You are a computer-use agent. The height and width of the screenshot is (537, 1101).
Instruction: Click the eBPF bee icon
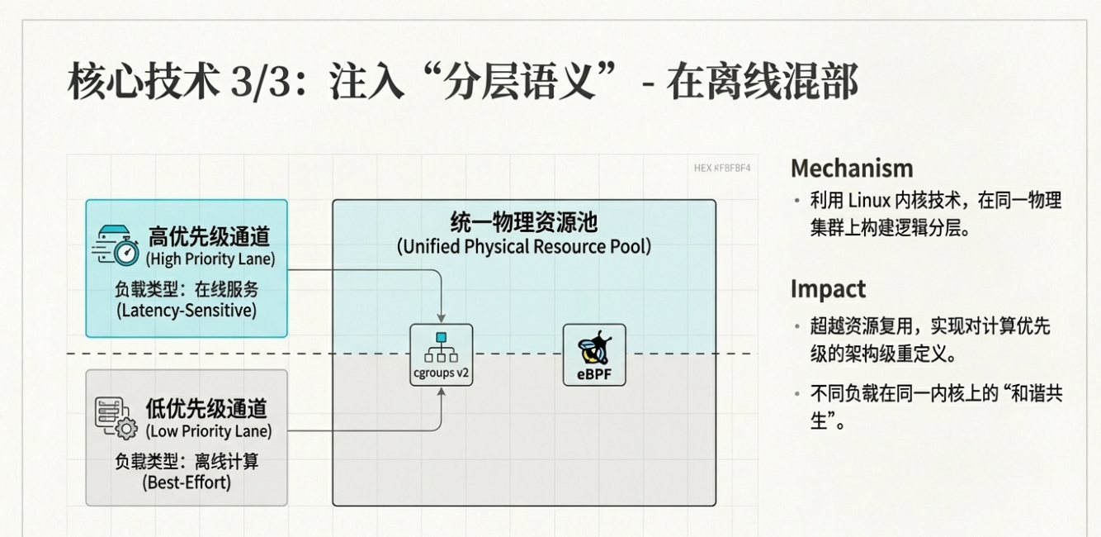594,348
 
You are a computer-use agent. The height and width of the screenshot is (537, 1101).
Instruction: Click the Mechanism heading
852,169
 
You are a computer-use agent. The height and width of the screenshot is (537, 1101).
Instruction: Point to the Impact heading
828,289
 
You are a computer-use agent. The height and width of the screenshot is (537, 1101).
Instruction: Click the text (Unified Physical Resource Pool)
523,246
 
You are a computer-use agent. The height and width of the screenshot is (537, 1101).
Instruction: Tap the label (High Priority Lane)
210,259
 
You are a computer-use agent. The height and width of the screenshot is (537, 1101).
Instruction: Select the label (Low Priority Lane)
208,431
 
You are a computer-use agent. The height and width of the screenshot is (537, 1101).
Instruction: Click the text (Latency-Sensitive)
187,311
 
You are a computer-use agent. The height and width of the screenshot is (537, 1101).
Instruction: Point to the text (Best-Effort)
187,482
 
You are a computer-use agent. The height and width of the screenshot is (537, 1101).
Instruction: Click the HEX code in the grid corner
722,168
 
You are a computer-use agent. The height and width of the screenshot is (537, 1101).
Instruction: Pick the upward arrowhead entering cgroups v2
442,392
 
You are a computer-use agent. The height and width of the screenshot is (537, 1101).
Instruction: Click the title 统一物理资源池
523,222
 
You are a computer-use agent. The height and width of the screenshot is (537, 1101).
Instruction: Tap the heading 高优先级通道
209,236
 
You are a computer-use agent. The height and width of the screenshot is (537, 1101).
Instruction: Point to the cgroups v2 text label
442,373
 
